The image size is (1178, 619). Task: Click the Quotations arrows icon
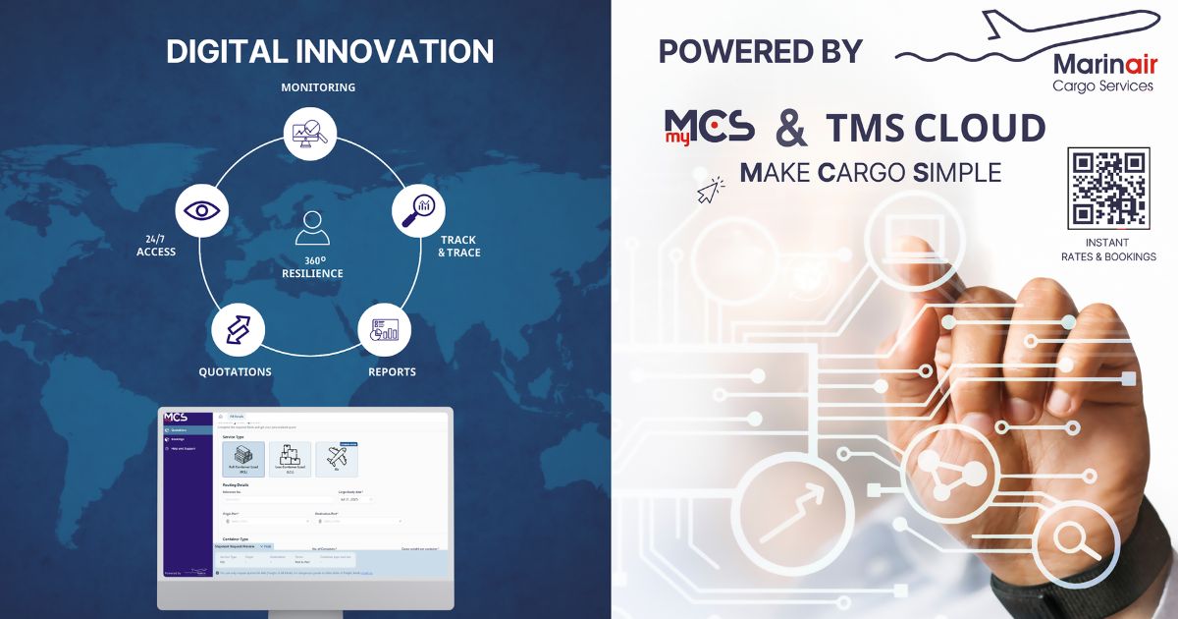point(239,330)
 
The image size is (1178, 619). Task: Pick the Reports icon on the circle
point(384,330)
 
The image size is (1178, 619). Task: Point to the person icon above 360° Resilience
point(312,227)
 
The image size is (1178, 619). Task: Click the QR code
point(1108,188)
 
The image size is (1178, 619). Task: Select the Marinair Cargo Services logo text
point(1102,73)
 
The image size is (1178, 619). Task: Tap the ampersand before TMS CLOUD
point(791,129)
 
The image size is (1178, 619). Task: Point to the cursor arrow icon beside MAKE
point(710,191)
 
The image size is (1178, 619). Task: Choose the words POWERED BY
point(760,51)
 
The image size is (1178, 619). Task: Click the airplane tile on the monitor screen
point(337,459)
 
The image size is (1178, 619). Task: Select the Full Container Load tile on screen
point(243,459)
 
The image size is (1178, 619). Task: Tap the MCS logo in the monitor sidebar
point(176,417)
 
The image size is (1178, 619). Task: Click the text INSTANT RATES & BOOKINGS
point(1108,250)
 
